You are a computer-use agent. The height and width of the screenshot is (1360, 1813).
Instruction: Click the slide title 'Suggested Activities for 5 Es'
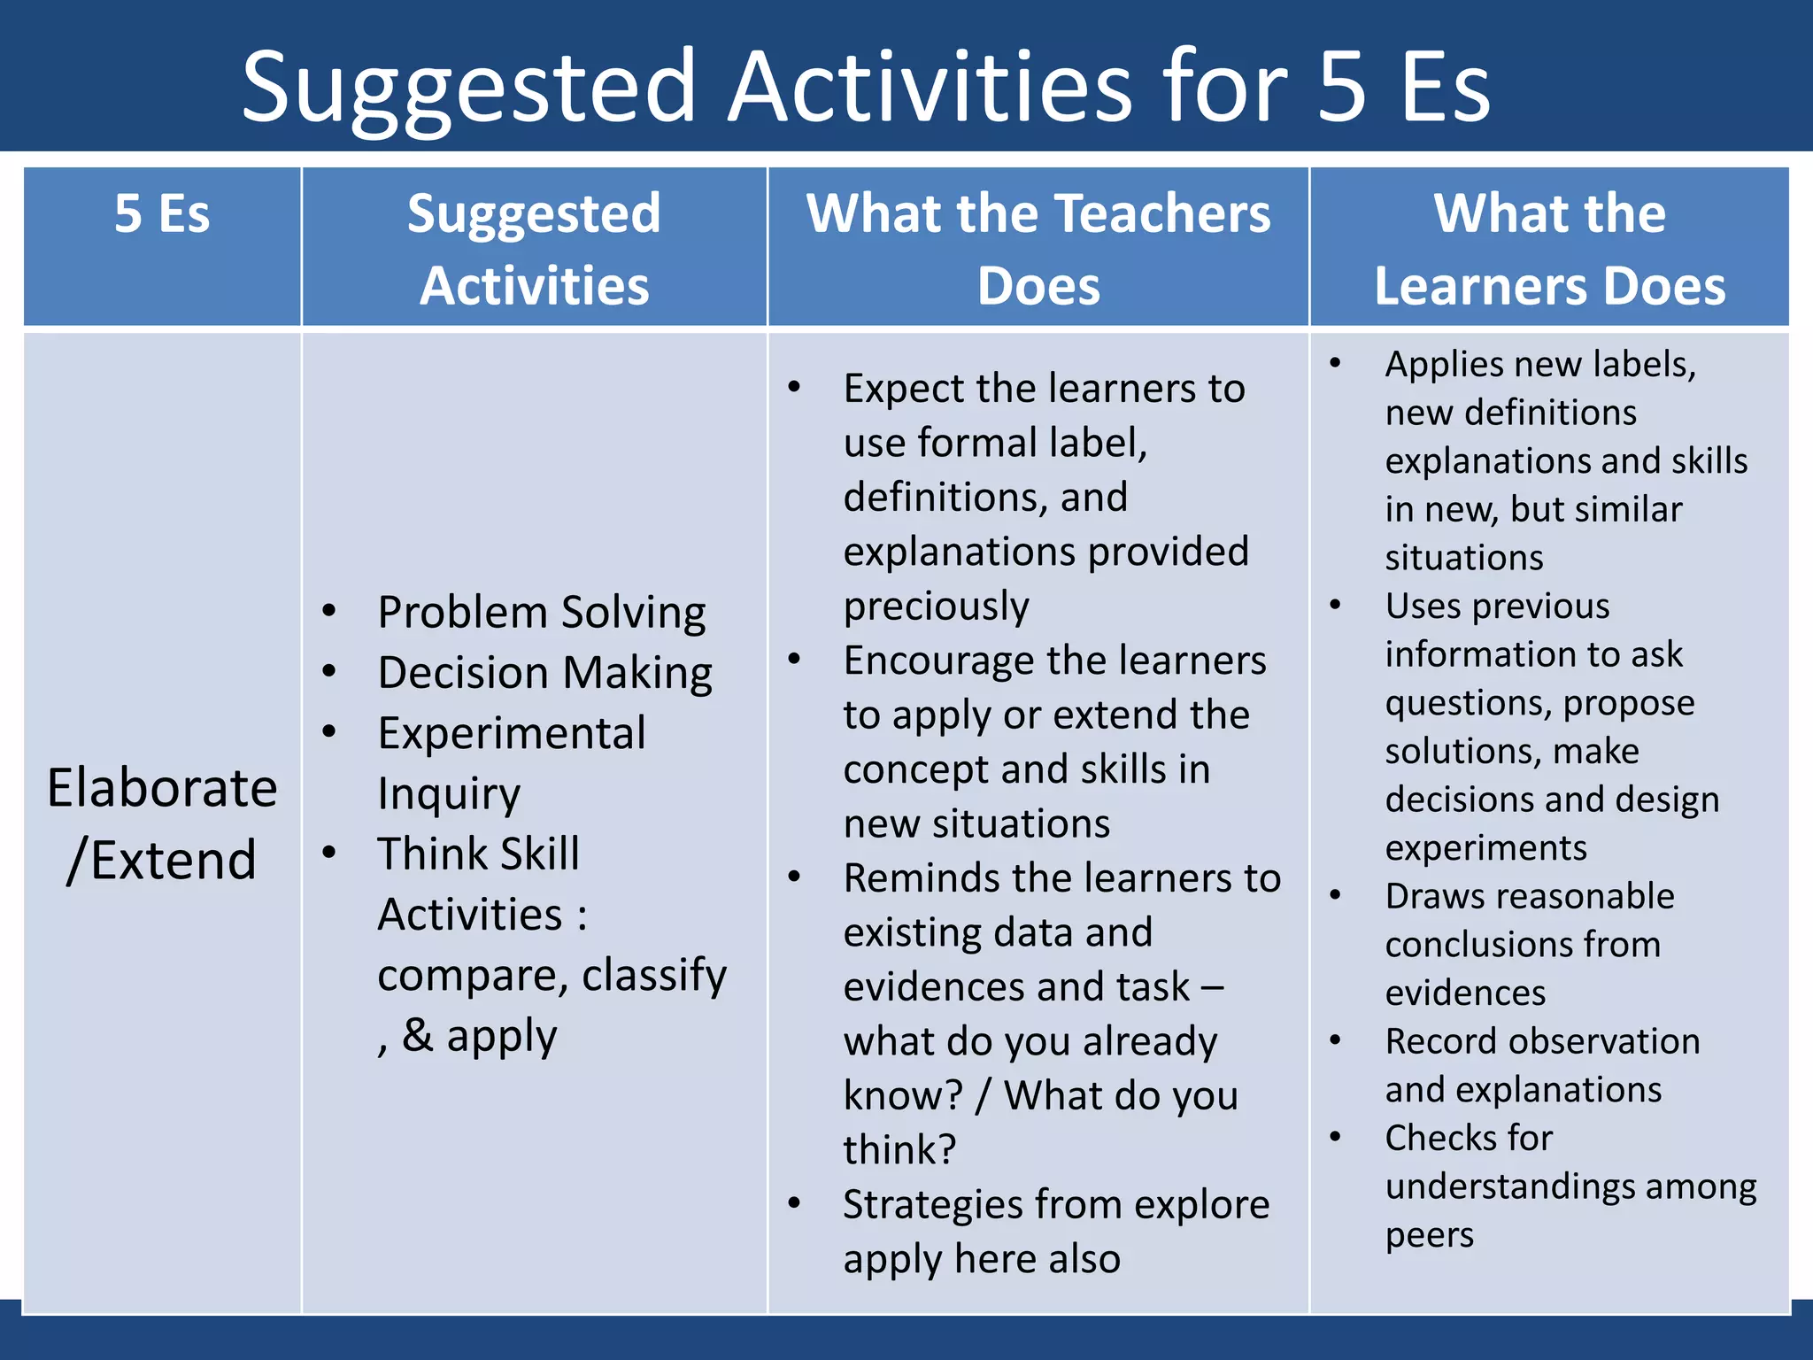click(x=866, y=87)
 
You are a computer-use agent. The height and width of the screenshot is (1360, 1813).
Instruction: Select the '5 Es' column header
click(x=162, y=213)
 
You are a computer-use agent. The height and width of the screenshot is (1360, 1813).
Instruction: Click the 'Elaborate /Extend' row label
click(x=162, y=823)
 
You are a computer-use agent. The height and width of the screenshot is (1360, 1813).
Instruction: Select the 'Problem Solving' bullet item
click(x=541, y=612)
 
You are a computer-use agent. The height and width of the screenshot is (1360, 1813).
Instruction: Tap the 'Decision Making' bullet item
click(x=544, y=672)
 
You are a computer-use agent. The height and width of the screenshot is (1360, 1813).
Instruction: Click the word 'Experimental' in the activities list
click(x=511, y=733)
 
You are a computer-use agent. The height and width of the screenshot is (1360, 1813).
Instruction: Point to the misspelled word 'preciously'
click(x=936, y=607)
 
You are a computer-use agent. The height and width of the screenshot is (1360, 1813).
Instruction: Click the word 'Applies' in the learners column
click(x=1443, y=364)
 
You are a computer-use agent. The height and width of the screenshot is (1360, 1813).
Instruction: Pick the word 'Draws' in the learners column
click(x=1431, y=896)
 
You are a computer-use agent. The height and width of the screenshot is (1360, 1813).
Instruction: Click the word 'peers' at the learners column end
click(x=1429, y=1235)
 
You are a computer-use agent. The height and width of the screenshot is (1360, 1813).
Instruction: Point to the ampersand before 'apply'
click(x=418, y=1034)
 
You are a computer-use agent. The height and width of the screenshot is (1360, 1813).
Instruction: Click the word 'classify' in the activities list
click(x=654, y=975)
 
